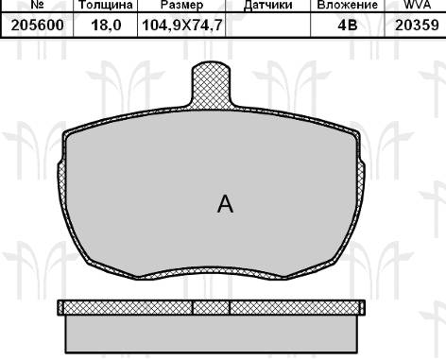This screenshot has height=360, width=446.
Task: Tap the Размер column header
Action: [x=180, y=5]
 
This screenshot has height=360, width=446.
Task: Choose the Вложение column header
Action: [x=349, y=5]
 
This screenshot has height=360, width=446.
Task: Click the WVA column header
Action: [x=415, y=5]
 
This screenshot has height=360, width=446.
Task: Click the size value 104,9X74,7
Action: [x=180, y=26]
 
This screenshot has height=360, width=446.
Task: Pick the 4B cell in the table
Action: [x=349, y=26]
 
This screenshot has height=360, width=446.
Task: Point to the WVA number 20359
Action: [x=415, y=26]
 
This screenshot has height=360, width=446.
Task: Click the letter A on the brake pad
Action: [x=225, y=204]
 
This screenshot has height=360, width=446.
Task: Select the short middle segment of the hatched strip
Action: [x=211, y=308]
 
